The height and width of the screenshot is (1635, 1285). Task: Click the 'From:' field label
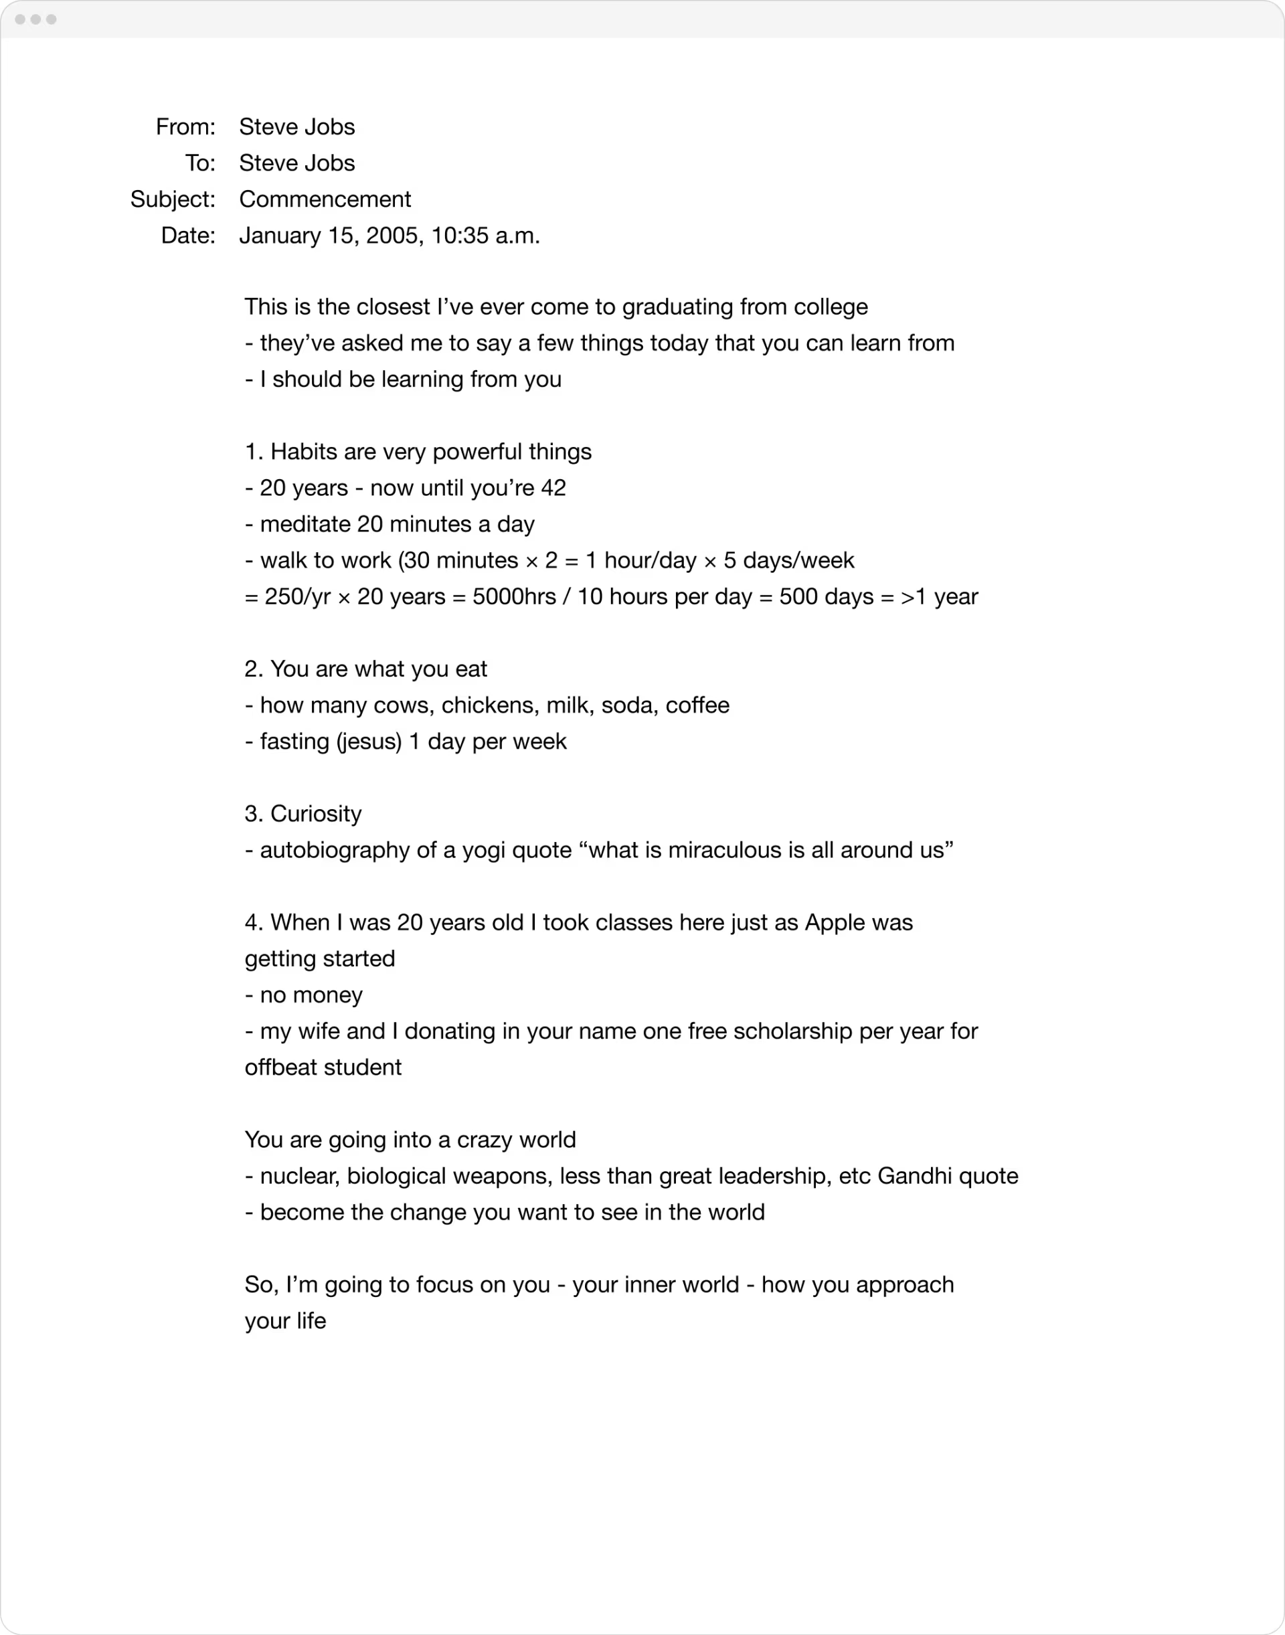[x=185, y=126]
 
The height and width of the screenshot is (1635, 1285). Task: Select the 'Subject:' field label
[x=172, y=199]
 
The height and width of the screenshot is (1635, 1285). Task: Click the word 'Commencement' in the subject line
[x=325, y=199]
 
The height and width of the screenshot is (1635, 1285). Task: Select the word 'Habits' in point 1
[x=303, y=452]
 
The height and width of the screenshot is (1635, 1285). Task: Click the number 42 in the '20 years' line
[x=553, y=489]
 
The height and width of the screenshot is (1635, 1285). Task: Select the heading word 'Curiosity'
[x=316, y=813]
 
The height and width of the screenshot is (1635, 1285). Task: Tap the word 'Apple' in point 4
[x=835, y=922]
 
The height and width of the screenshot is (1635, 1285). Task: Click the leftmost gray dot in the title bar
[x=20, y=19]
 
